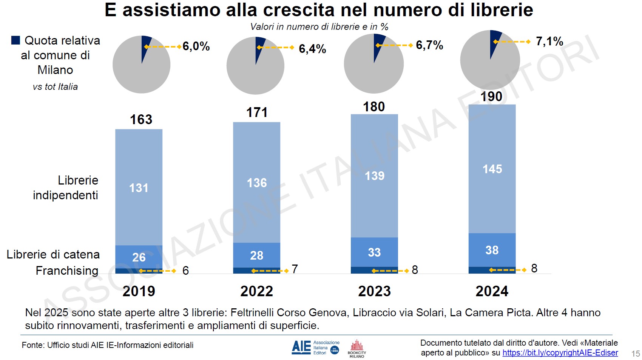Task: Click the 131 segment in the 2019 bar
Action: click(x=139, y=188)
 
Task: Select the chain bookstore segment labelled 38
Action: click(x=492, y=250)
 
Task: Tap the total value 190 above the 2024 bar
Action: click(x=491, y=97)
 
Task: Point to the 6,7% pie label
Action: click(x=429, y=45)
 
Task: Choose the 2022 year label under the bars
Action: click(x=256, y=291)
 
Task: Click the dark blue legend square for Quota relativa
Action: click(x=15, y=40)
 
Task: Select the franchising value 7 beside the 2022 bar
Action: click(x=295, y=269)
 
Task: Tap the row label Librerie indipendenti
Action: click(x=66, y=188)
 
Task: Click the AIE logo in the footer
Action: click(x=301, y=347)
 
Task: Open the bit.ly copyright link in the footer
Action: click(x=560, y=353)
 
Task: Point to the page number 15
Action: click(x=635, y=354)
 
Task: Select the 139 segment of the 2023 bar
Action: click(x=374, y=175)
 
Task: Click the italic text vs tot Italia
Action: click(x=55, y=87)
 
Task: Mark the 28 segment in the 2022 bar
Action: click(x=256, y=255)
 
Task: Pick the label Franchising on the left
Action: click(x=67, y=271)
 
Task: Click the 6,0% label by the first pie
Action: click(x=196, y=46)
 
